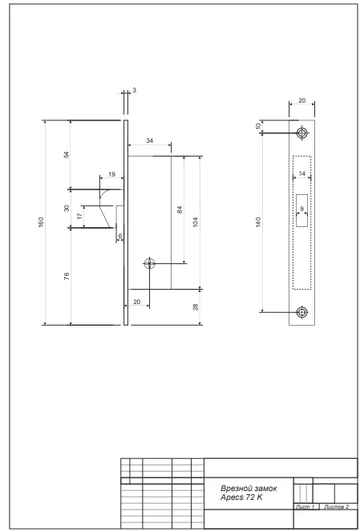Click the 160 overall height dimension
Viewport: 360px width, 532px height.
tap(41, 222)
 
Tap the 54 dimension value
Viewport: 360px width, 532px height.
tap(67, 154)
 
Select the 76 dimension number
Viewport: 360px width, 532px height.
tap(67, 276)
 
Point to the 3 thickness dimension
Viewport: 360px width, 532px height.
tap(134, 90)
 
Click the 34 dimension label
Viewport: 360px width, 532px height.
tap(149, 140)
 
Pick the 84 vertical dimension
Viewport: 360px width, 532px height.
tap(180, 209)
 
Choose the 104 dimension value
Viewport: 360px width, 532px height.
tap(196, 222)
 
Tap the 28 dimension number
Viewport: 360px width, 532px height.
tap(196, 307)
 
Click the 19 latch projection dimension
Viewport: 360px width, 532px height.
tap(112, 174)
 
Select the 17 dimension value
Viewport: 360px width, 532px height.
tap(80, 216)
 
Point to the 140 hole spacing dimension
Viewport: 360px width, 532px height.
tap(258, 222)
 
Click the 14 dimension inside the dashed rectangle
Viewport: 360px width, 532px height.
tap(301, 173)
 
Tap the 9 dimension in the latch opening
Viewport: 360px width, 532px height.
tap(301, 209)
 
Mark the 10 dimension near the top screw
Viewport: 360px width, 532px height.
tap(258, 126)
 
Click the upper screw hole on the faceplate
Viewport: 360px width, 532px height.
tap(301, 132)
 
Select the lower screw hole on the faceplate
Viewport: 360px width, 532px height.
tap(301, 312)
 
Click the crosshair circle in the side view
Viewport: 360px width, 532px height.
tap(149, 263)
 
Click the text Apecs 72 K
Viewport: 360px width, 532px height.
tap(241, 497)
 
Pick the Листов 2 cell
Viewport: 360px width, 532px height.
tap(336, 507)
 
